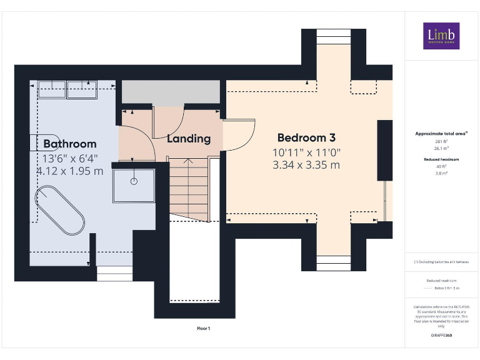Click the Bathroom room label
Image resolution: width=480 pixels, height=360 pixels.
[69, 144]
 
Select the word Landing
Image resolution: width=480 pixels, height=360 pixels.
[188, 139]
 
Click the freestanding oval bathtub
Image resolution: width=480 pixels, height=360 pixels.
[61, 209]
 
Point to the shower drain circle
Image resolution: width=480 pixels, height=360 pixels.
[134, 181]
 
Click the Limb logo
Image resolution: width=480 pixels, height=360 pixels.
[441, 36]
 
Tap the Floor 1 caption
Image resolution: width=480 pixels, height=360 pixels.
[204, 327]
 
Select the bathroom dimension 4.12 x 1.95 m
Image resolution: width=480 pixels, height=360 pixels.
[69, 171]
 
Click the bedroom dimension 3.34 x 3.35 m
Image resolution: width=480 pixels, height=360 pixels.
[306, 165]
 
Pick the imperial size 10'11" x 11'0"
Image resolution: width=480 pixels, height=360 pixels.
[306, 152]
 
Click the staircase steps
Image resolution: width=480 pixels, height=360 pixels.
[188, 187]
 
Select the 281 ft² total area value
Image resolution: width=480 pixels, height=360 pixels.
[441, 142]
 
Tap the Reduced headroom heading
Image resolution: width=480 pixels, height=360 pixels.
[441, 159]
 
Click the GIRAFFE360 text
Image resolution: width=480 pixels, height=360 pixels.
[441, 336]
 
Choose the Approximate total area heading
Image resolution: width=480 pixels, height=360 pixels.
[441, 133]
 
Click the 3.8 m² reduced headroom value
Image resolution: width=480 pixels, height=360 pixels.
[441, 174]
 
